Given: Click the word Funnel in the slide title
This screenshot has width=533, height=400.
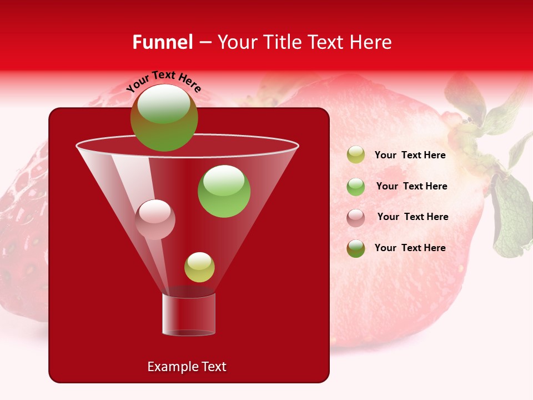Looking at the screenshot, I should [162, 42].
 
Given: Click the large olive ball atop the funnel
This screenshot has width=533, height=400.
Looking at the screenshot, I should [164, 117].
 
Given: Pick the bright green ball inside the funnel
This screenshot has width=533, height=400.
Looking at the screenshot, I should [224, 191].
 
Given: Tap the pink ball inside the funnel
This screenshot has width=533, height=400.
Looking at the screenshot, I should [155, 219].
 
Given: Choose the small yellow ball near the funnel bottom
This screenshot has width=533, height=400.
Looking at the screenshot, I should [199, 267].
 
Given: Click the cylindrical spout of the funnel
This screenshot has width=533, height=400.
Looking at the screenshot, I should [188, 314].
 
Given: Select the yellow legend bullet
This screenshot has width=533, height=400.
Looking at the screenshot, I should [356, 155].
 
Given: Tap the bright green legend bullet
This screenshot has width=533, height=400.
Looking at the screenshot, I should [356, 187].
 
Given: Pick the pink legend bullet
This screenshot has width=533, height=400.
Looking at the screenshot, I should [356, 217].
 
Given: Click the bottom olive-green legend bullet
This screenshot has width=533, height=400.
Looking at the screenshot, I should [356, 248].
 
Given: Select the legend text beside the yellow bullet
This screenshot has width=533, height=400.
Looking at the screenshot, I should [410, 156].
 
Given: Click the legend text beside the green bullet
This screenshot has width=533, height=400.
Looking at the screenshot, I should [411, 187].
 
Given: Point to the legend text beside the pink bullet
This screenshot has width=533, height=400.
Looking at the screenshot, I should [413, 217].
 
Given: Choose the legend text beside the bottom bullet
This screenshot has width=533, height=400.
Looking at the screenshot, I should [410, 248].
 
